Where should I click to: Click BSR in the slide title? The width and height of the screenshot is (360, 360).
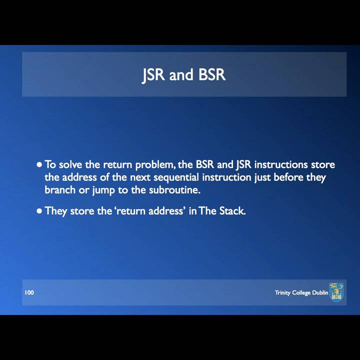coord(212,75)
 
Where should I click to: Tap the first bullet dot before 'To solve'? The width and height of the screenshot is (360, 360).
coord(39,164)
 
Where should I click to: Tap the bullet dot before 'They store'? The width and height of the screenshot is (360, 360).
coord(39,211)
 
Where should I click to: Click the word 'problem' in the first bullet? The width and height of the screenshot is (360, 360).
coord(154,164)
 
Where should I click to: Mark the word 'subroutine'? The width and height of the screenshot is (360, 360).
coord(174,190)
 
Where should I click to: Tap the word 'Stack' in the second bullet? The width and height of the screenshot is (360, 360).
coord(232,211)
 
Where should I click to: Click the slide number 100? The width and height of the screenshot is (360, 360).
coord(29,292)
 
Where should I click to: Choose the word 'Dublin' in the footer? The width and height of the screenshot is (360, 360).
coord(320,292)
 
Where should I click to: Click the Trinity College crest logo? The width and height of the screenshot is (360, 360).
coord(336,292)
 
